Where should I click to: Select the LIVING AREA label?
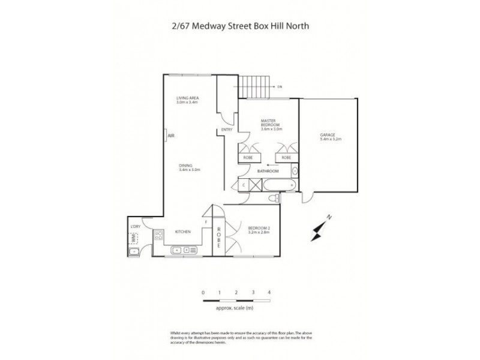pos(187,98)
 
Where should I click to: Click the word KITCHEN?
pos(182,231)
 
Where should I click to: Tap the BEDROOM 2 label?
pos(259,226)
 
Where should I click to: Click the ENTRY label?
pos(227,130)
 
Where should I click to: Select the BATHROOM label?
pos(267,171)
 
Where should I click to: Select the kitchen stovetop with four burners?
pos(160,235)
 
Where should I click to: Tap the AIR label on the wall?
pos(170,136)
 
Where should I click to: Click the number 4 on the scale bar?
pos(269,292)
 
